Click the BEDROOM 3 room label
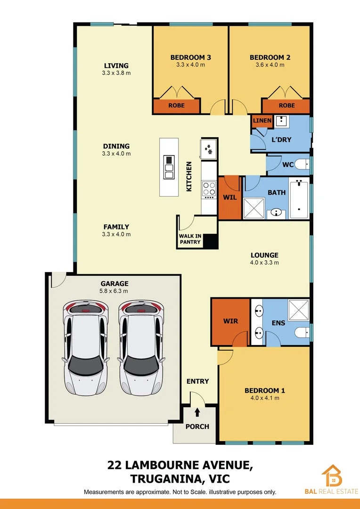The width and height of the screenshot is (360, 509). tap(190, 57)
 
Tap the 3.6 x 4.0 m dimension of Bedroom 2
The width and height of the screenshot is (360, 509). tap(270, 65)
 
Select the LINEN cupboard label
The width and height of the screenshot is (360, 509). tap(262, 121)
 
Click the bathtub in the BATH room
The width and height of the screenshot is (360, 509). tap(299, 197)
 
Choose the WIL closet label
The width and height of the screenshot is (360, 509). tap(229, 197)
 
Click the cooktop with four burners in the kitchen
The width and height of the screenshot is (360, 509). tap(209, 189)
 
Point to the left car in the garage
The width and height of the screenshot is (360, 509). tap(85, 348)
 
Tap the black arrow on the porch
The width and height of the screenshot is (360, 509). tap(197, 413)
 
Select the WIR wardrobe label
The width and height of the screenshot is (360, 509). tap(230, 321)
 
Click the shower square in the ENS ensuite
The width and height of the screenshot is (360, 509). tap(298, 309)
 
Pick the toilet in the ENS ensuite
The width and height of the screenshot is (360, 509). tap(302, 334)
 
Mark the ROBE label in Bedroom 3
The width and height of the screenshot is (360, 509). tap(176, 106)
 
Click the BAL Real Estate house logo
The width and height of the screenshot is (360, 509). tap(332, 476)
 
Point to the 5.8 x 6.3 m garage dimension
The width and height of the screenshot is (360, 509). tap(115, 291)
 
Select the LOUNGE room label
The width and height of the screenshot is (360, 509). tap(264, 255)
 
